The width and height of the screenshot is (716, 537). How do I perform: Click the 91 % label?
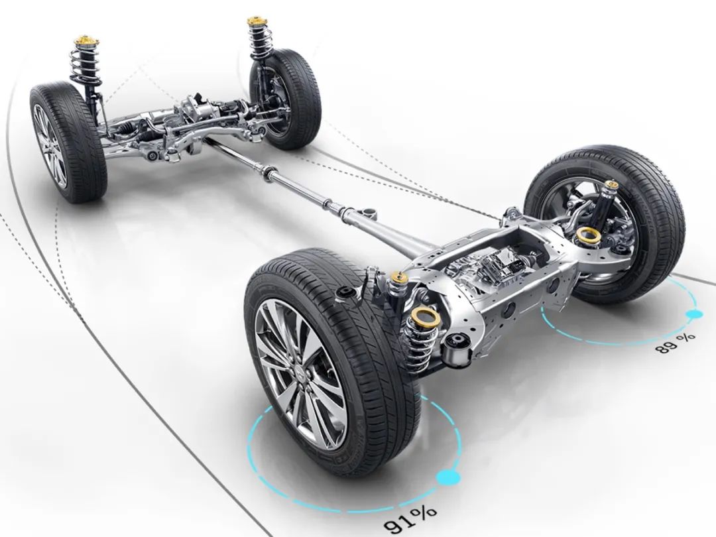click(410, 520)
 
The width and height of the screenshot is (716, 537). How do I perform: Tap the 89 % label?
click(676, 343)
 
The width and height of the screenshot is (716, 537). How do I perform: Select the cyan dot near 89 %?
click(693, 314)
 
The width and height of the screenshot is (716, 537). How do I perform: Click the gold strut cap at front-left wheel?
click(86, 41)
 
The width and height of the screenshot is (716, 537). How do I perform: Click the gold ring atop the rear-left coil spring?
click(425, 316)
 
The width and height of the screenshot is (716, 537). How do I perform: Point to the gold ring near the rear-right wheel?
click(588, 236)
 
